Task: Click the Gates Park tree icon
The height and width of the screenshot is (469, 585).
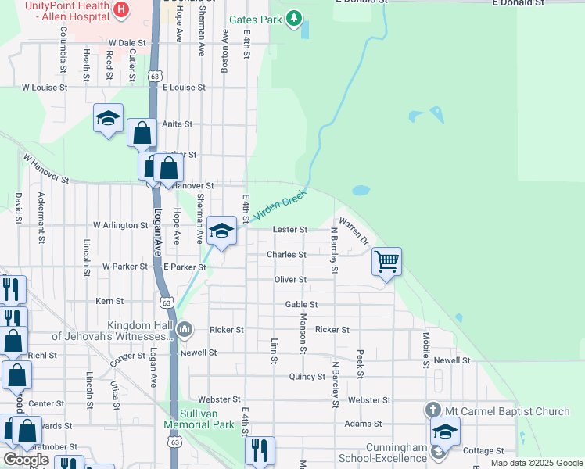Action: click(293, 17)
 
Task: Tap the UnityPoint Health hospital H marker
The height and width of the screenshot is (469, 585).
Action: click(121, 9)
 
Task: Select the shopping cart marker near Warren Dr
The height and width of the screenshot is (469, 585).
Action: click(386, 262)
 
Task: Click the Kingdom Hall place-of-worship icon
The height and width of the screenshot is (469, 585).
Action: click(185, 328)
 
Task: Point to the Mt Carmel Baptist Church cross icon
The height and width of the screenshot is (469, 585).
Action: click(434, 410)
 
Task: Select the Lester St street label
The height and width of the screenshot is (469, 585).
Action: click(289, 230)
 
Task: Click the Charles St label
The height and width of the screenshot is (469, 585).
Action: click(285, 255)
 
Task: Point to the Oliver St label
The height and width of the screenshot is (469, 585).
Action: click(290, 279)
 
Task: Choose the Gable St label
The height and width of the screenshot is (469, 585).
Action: click(301, 304)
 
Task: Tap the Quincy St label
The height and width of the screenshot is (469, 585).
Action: click(307, 377)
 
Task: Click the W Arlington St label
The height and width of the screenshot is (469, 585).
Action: click(120, 225)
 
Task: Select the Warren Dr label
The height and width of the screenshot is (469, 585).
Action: click(354, 232)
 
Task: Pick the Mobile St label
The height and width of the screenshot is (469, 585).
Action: click(426, 349)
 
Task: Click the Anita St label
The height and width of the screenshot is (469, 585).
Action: click(177, 124)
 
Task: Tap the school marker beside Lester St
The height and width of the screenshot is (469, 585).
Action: click(222, 231)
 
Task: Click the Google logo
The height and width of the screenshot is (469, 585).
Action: click(26, 460)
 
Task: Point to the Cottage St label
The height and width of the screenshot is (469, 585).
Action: click(483, 451)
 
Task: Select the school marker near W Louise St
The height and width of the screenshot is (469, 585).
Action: click(108, 118)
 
